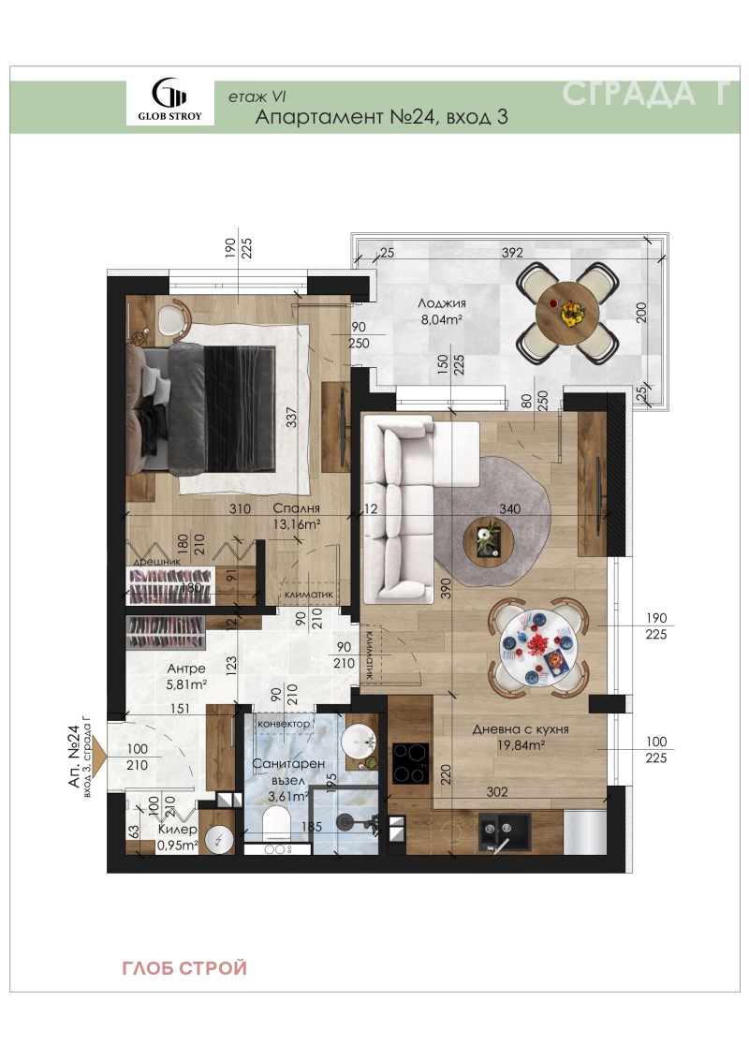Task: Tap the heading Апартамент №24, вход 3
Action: (x=382, y=117)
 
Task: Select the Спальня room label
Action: (x=297, y=508)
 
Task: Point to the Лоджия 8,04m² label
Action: (x=442, y=312)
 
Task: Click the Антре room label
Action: (x=186, y=669)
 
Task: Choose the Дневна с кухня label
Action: (x=520, y=729)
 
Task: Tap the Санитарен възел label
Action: (x=288, y=772)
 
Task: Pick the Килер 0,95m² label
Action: (x=178, y=837)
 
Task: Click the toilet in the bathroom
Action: (x=276, y=828)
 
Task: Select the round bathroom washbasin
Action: (x=359, y=743)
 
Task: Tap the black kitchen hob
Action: (x=411, y=763)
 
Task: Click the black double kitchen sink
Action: (x=504, y=832)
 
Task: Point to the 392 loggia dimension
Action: (x=512, y=253)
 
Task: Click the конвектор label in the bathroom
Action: (x=284, y=724)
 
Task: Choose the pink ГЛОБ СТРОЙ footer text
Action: (x=184, y=968)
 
